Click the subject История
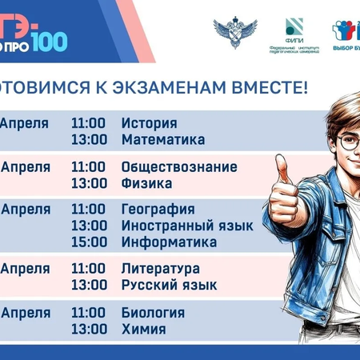pyautogui.click(x=149, y=123)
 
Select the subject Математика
pyautogui.click(x=163, y=139)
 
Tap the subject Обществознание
pyautogui.click(x=179, y=167)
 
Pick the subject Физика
pyautogui.click(x=146, y=183)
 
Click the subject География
pyautogui.click(x=158, y=210)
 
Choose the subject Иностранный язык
pyautogui.click(x=187, y=226)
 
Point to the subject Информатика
pyautogui.click(x=169, y=242)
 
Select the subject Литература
pyautogui.click(x=160, y=269)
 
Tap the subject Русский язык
pyautogui.click(x=169, y=285)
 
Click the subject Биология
pyautogui.click(x=153, y=312)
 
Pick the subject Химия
pyautogui.click(x=143, y=328)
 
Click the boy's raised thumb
pyautogui.click(x=282, y=170)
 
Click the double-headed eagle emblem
pyautogui.click(x=234, y=32)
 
